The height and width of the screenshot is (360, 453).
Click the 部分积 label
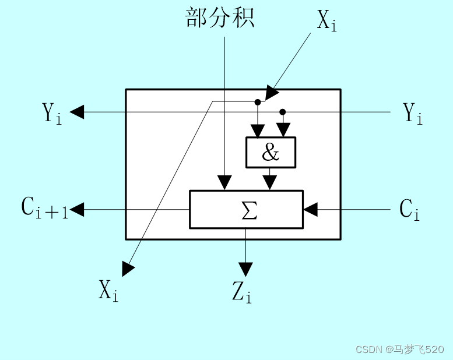click(220, 18)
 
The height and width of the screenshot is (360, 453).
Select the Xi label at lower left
click(108, 290)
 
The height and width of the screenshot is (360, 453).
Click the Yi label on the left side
click(51, 112)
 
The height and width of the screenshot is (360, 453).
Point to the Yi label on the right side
click(413, 113)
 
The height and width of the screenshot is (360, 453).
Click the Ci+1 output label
click(45, 209)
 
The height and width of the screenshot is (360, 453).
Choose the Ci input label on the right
click(409, 209)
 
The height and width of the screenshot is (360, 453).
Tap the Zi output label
click(241, 292)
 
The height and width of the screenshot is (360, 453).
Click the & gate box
click(271, 153)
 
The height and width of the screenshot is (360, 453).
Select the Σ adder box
click(246, 209)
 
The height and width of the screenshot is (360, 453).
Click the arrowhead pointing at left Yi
click(77, 112)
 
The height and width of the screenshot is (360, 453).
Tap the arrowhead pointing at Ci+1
click(77, 209)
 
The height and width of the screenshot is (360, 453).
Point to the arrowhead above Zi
click(246, 269)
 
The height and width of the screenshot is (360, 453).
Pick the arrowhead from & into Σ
click(269, 183)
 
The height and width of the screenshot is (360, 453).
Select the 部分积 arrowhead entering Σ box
click(224, 183)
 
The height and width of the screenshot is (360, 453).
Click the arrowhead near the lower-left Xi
click(128, 269)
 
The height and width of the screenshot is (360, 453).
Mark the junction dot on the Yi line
click(283, 111)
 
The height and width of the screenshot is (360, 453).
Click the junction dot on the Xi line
click(257, 102)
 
